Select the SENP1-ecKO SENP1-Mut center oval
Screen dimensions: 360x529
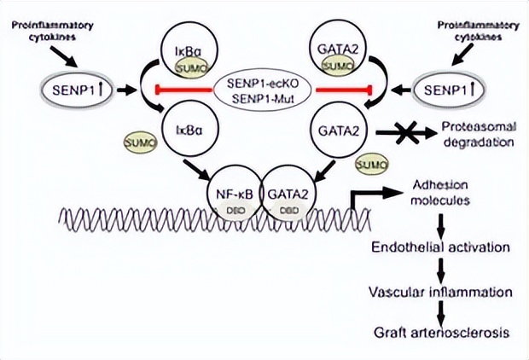tap(263, 90)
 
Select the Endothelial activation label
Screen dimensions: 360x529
tap(440, 247)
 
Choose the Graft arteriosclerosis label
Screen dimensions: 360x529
tap(440, 334)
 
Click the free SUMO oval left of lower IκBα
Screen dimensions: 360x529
tap(140, 137)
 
